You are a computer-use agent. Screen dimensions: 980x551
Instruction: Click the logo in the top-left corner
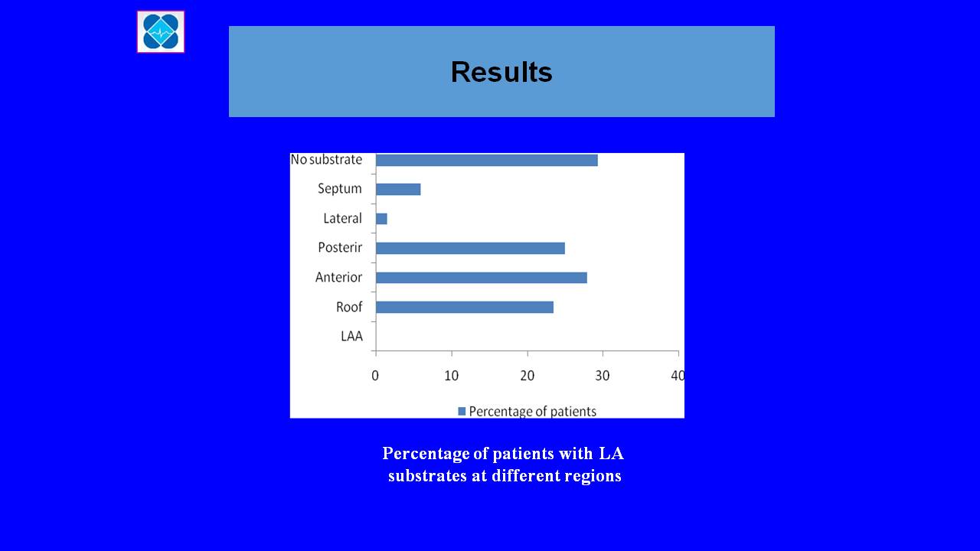click(x=161, y=32)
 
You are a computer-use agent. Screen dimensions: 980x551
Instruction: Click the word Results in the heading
click(x=501, y=72)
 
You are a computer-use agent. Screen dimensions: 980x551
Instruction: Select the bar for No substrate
click(x=487, y=161)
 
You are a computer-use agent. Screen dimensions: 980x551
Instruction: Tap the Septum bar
click(x=398, y=189)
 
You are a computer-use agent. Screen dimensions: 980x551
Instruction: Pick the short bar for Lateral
click(x=381, y=219)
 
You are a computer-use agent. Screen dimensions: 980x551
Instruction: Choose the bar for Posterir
click(x=470, y=249)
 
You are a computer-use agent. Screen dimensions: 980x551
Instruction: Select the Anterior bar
click(x=482, y=278)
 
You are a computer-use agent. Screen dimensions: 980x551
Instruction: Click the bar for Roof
click(x=465, y=308)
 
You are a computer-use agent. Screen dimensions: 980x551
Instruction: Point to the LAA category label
click(x=351, y=336)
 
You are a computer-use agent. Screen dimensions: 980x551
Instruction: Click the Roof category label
click(x=349, y=307)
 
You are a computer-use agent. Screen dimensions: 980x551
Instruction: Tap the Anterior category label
click(x=338, y=277)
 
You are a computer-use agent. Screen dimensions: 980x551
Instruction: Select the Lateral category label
click(x=342, y=218)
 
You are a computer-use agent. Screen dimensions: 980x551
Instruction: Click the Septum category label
click(x=339, y=189)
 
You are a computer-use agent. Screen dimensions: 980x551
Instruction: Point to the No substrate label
click(x=326, y=160)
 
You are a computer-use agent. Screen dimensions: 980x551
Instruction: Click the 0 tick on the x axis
click(x=375, y=376)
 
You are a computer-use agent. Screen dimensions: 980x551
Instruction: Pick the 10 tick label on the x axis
click(x=452, y=376)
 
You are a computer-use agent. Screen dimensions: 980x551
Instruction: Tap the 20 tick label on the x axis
click(x=528, y=376)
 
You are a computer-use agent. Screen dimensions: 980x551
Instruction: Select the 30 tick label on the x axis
click(x=603, y=376)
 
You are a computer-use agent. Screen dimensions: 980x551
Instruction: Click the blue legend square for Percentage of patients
click(x=462, y=411)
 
